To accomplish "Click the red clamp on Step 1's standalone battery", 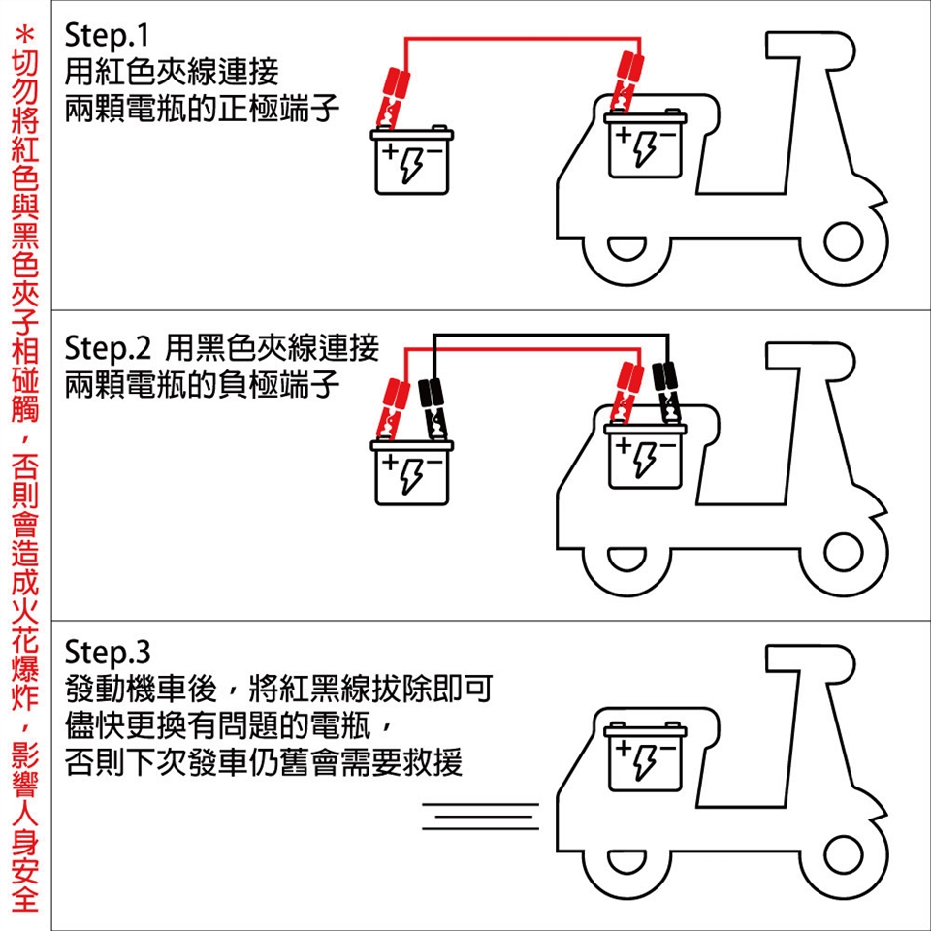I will [393, 92].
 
